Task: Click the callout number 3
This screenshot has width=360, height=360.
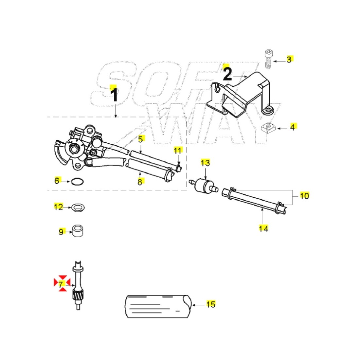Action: pos(289,60)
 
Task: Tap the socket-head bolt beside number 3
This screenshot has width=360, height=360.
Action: pos(268,59)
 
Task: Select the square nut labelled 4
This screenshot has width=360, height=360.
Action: pos(268,128)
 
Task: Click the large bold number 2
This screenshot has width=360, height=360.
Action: pos(227,74)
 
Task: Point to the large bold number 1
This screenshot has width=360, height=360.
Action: pos(114,95)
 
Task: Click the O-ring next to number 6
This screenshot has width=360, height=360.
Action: pos(77,182)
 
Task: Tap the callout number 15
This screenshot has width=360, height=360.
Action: pos(211,304)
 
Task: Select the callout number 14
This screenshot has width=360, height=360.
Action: pos(263,229)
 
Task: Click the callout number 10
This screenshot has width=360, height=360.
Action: pos(304,196)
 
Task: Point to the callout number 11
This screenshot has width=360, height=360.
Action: pos(177,151)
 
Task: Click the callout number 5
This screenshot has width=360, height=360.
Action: pos(140,139)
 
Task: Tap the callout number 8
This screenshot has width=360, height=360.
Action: pos(140,182)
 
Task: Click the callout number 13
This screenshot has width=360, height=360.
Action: pos(205,163)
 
